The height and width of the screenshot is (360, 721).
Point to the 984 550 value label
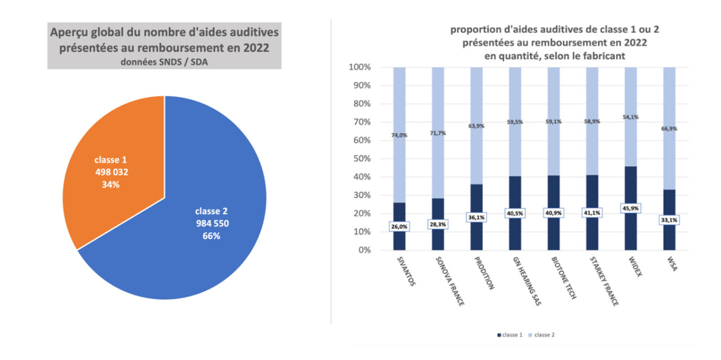point(211,223)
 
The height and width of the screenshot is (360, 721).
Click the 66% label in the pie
point(211,235)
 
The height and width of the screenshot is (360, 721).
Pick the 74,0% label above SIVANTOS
point(399,135)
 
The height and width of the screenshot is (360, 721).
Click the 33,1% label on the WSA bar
point(670,220)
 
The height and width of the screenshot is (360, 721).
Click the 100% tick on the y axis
point(360,68)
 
